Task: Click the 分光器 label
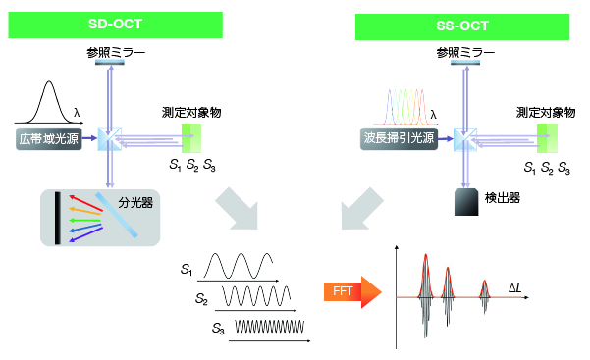136,203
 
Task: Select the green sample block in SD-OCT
189,138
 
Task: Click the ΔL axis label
518,286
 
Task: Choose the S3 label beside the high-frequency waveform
218,331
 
